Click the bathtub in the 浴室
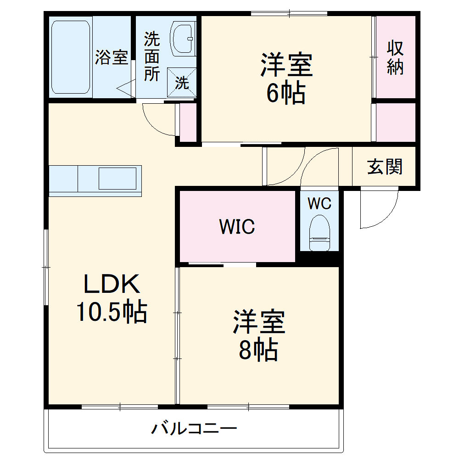(x=70, y=56)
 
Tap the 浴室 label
(x=112, y=57)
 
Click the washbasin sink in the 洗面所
(x=183, y=38)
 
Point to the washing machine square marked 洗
(x=182, y=83)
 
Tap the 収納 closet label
(x=395, y=57)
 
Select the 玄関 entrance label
(x=385, y=167)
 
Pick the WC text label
(x=319, y=203)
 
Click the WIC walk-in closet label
(x=237, y=226)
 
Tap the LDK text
(x=111, y=285)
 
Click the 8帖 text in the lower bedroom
(x=259, y=350)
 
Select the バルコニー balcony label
(x=195, y=429)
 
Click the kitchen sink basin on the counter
(x=118, y=179)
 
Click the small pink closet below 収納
(x=396, y=122)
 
